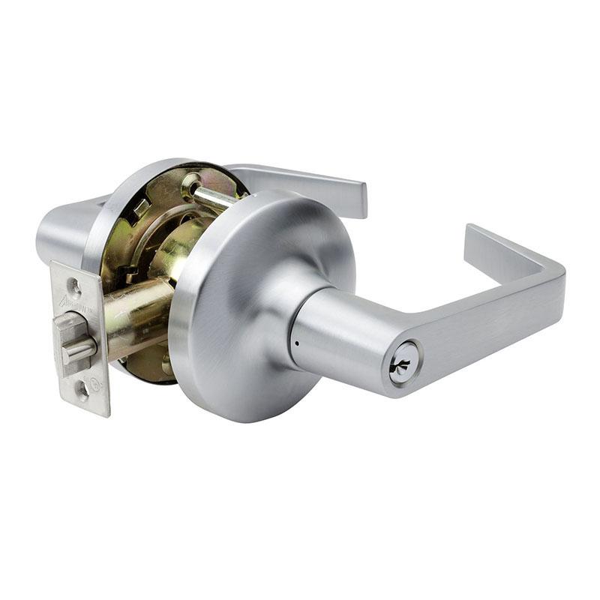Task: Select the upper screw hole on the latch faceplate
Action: click(x=73, y=285)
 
